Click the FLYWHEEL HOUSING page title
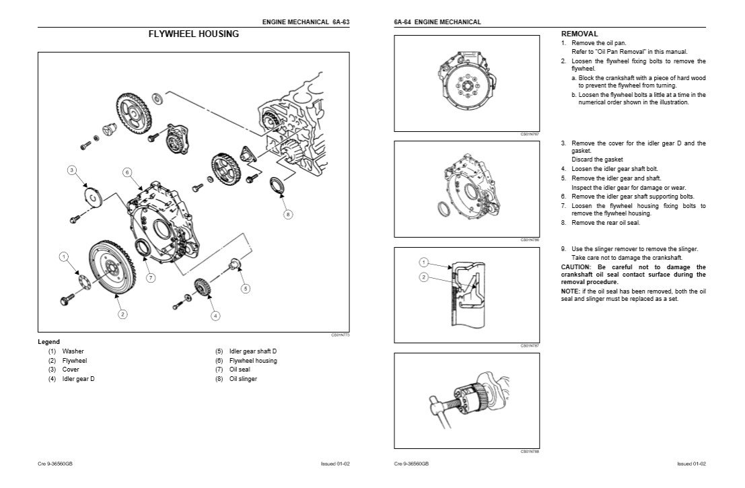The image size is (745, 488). (193, 34)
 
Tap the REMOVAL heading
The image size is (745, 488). (579, 34)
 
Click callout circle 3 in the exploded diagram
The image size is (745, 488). (72, 170)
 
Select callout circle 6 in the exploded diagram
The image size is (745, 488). (127, 172)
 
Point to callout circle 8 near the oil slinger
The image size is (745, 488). (288, 214)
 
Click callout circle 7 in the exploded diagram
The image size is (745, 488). (151, 277)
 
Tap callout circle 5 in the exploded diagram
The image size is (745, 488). (246, 288)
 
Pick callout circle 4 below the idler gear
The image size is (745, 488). (215, 315)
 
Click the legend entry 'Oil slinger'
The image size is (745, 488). (243, 378)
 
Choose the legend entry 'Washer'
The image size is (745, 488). (73, 351)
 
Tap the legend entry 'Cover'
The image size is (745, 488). (71, 370)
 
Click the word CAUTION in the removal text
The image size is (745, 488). (576, 267)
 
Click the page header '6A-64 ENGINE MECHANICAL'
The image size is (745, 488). (437, 22)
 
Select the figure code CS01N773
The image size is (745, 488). (341, 335)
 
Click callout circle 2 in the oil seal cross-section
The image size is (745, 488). (423, 277)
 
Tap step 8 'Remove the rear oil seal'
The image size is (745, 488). (601, 222)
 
